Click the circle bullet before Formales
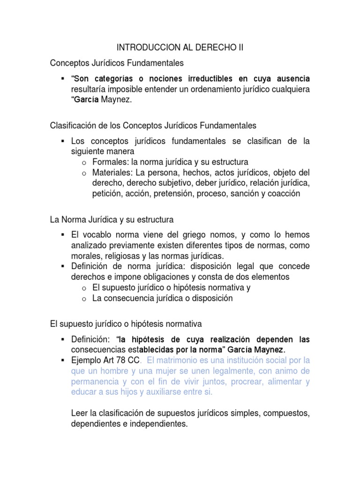pos(84,163)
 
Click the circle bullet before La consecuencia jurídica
pos(84,299)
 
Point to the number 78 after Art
pos(119,360)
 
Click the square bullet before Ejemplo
pos(62,360)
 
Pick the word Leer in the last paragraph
pos(80,414)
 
